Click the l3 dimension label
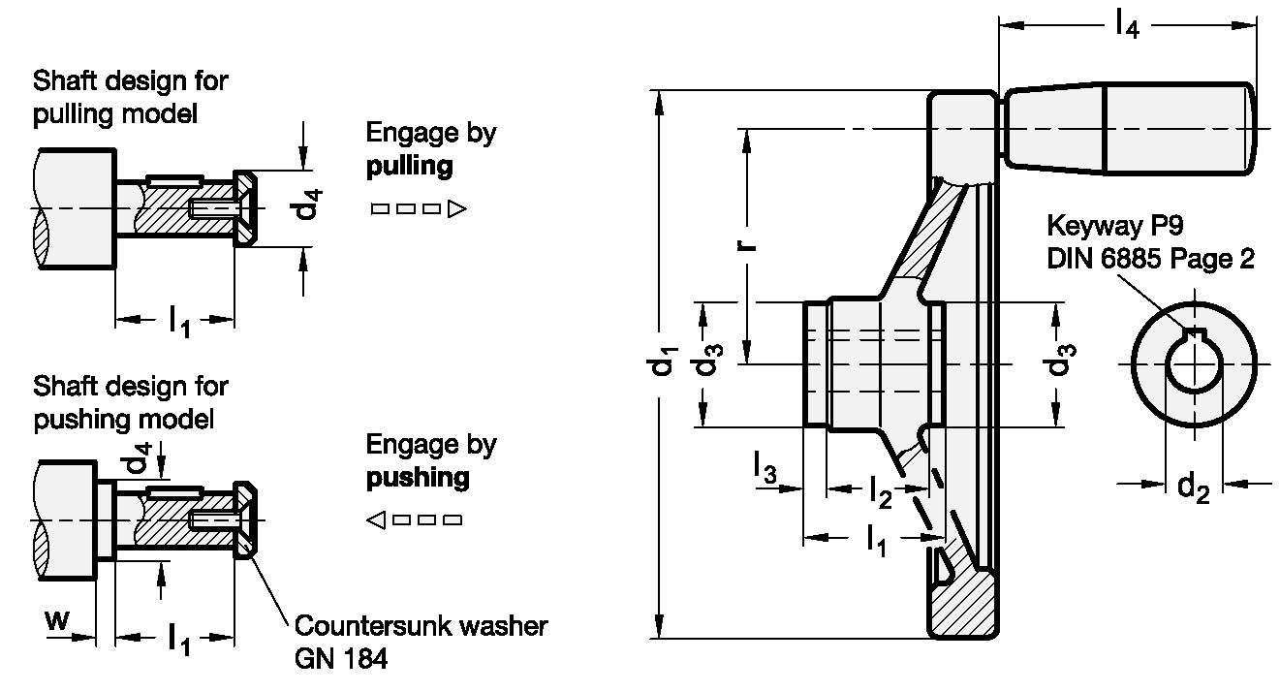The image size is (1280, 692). coord(765,473)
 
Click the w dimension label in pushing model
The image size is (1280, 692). coord(57,619)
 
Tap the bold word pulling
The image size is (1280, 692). coord(410,166)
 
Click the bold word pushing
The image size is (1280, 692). coord(418,478)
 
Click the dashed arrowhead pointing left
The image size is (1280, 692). coord(376,520)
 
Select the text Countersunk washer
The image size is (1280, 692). coord(420,625)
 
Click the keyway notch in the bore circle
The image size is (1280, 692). coord(1194,336)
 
